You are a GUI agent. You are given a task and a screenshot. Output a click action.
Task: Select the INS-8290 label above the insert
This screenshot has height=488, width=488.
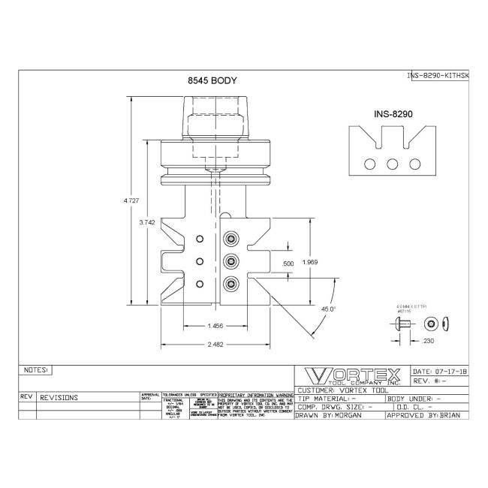click(x=395, y=114)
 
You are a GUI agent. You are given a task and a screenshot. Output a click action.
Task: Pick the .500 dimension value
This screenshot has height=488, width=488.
click(x=286, y=264)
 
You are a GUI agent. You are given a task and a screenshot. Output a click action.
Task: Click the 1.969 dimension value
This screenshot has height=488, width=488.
click(x=309, y=261)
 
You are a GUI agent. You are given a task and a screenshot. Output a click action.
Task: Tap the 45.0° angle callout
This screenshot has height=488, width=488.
click(x=328, y=308)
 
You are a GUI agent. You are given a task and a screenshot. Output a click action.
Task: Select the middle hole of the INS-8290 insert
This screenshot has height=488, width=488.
click(x=392, y=164)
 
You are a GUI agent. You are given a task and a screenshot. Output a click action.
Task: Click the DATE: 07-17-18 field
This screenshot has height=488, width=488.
click(x=441, y=372)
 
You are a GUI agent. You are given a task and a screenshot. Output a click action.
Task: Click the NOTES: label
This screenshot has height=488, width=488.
click(x=36, y=370)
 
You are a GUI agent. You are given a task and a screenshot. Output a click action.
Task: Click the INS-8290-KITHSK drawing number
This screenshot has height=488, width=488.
click(x=437, y=76)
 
